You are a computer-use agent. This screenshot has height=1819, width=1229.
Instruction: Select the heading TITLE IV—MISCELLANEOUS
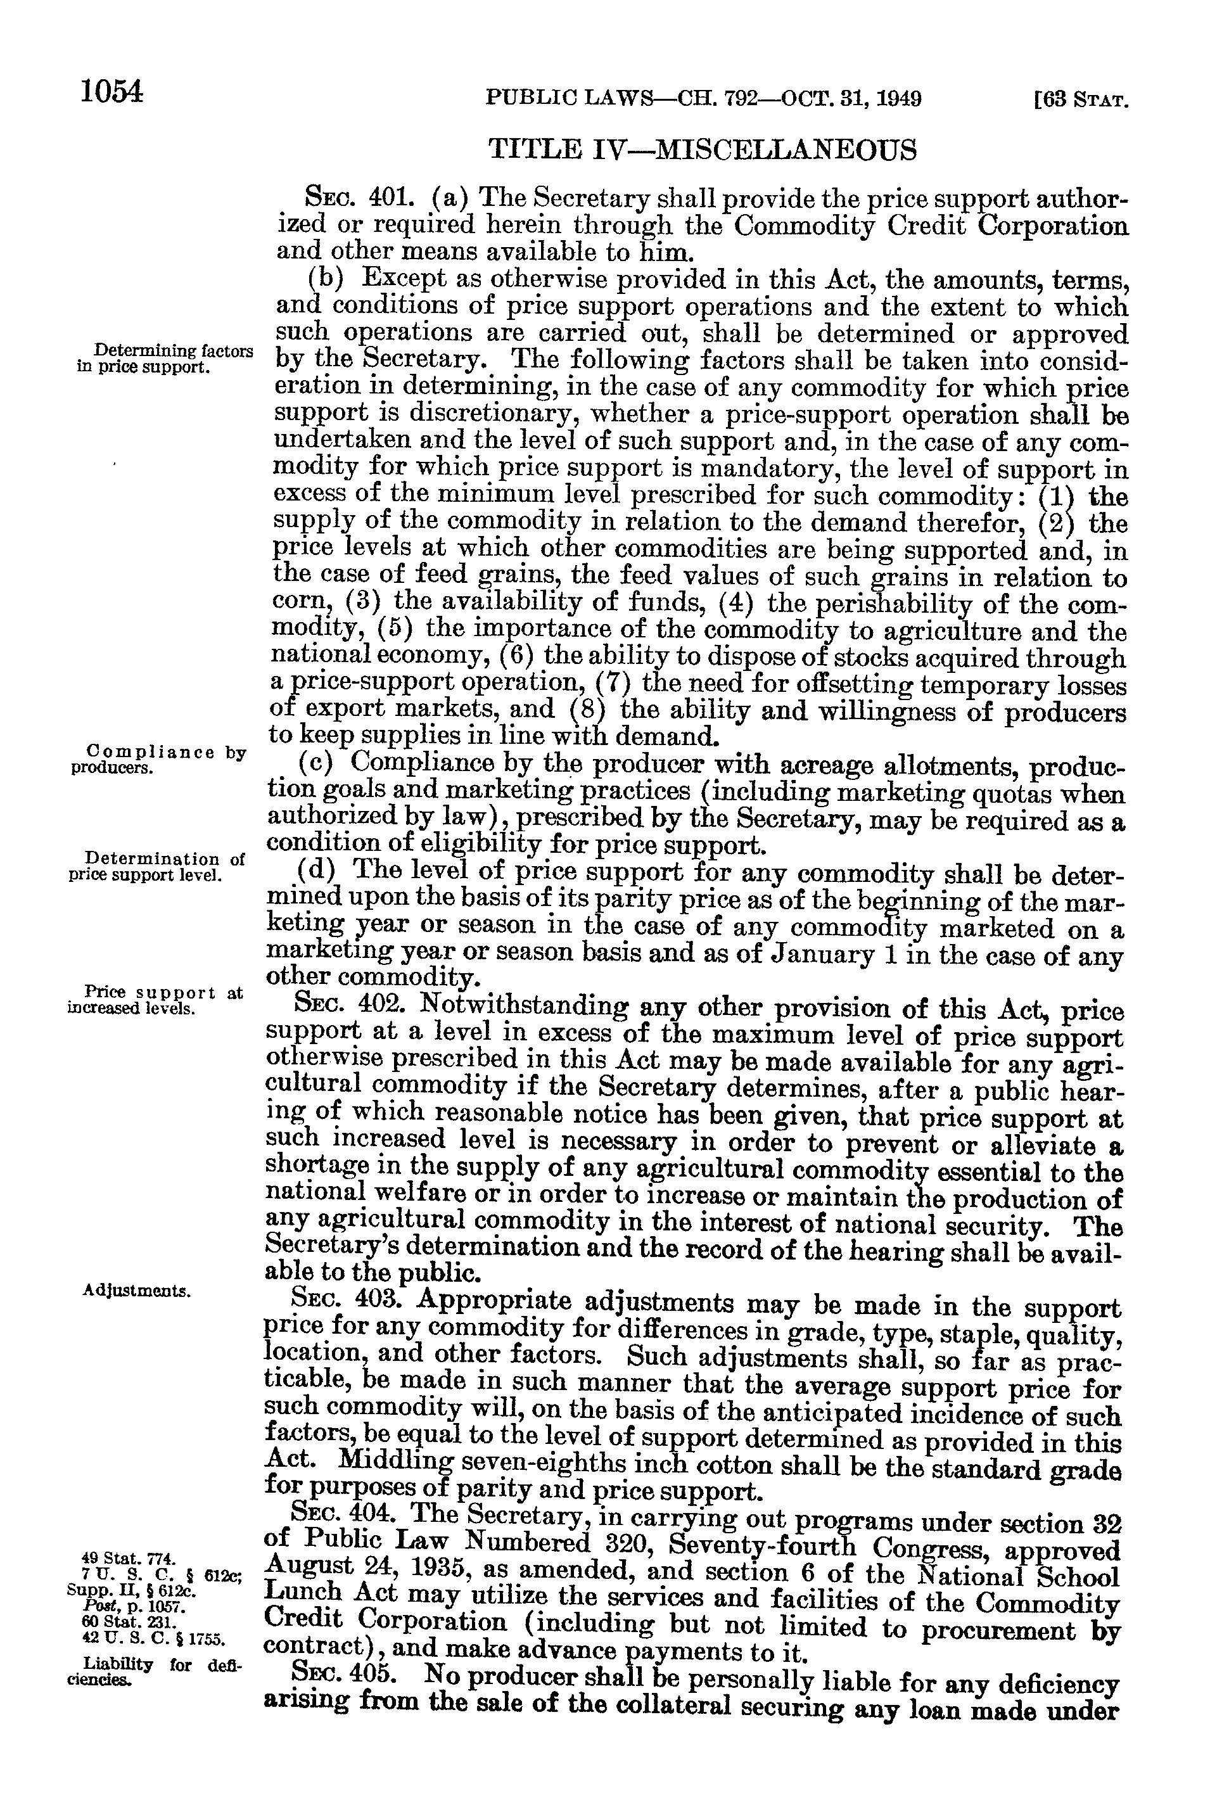[701, 149]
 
